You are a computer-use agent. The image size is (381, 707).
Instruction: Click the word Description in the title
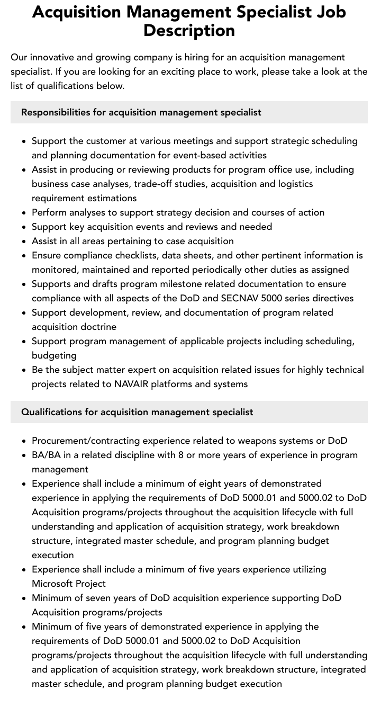(x=189, y=31)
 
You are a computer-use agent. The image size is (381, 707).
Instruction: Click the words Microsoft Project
(x=69, y=584)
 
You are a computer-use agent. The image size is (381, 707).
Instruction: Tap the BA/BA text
(x=48, y=455)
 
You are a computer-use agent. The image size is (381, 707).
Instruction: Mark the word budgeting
(x=54, y=355)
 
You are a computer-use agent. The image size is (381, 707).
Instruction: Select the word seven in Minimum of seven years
(x=110, y=598)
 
